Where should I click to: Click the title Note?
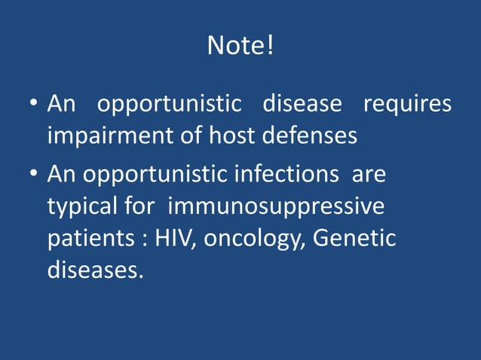click(240, 47)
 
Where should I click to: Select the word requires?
click(408, 104)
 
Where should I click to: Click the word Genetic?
click(354, 239)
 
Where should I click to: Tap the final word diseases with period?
click(95, 270)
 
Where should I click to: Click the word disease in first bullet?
click(302, 104)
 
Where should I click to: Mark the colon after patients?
click(143, 240)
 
